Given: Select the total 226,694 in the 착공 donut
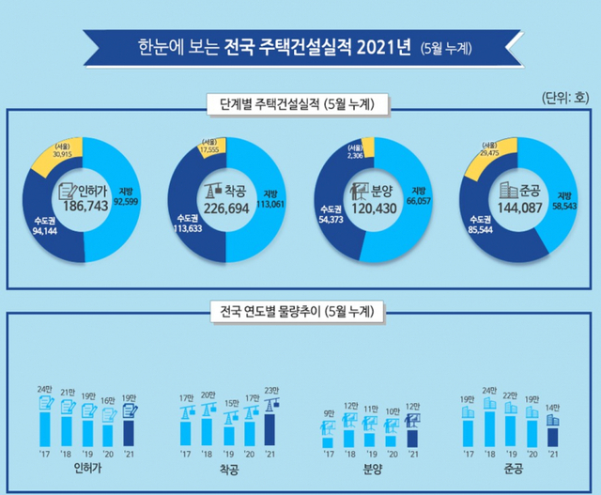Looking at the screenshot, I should [x=226, y=206].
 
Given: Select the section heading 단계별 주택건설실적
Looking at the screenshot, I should [x=300, y=103].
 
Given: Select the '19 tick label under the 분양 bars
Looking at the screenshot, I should [x=369, y=454].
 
